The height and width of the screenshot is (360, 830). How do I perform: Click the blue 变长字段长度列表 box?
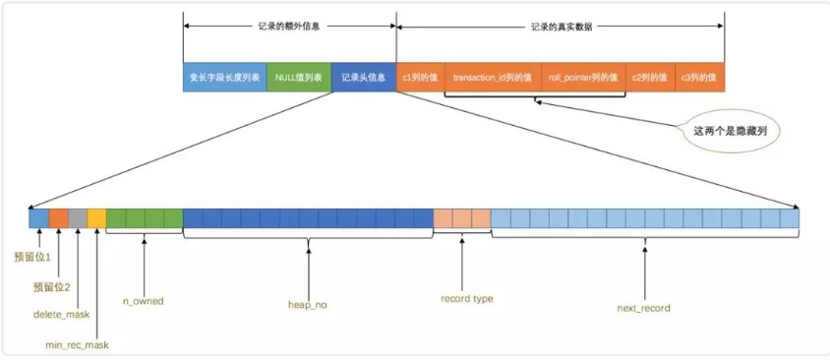tap(224, 77)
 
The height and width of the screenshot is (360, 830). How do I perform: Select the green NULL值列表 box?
tap(299, 77)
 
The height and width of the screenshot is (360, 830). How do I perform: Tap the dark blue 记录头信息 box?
tap(364, 77)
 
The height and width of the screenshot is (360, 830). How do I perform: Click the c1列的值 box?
tap(420, 77)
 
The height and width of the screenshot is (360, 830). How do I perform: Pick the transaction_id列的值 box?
tap(493, 77)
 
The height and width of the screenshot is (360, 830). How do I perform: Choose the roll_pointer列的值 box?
tap(583, 77)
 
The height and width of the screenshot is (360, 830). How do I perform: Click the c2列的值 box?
tap(649, 77)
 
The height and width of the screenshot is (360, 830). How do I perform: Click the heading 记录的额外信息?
tap(289, 27)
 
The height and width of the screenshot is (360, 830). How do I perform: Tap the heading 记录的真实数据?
tap(560, 27)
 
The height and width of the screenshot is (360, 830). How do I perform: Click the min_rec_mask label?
tap(78, 345)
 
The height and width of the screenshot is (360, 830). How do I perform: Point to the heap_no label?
tap(308, 306)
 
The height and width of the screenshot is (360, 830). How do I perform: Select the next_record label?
tap(643, 308)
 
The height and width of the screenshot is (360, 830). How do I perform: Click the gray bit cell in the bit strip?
tap(78, 218)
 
